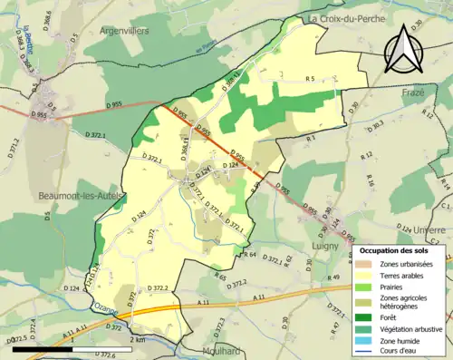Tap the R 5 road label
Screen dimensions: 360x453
pos(309,80)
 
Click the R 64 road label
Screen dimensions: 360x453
pos(250,255)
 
